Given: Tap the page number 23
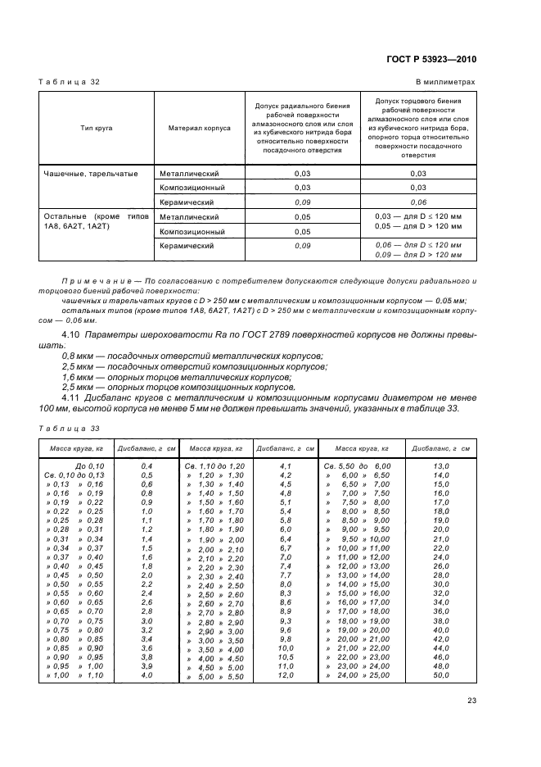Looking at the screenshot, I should (x=471, y=700).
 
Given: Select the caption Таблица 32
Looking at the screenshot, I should (x=70, y=83).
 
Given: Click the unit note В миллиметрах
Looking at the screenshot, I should (x=446, y=83).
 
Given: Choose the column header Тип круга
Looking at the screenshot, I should (x=96, y=128).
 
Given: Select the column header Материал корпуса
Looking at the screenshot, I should (x=199, y=128).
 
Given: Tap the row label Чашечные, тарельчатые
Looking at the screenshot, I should (x=90, y=174).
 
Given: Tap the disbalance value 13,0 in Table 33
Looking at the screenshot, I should (x=441, y=465).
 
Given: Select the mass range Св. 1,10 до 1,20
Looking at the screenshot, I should (x=215, y=465).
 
